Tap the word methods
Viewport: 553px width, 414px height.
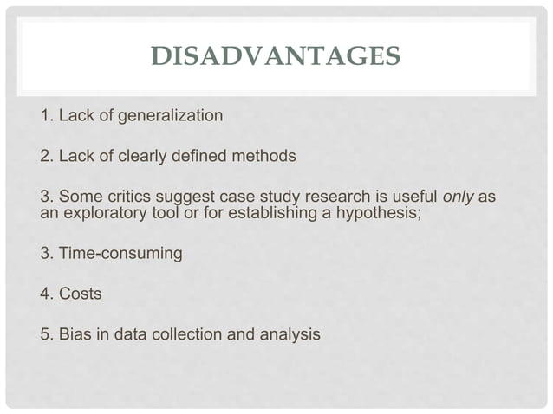click(x=265, y=157)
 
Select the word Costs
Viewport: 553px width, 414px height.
click(x=80, y=294)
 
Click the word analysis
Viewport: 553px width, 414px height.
click(x=287, y=334)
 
